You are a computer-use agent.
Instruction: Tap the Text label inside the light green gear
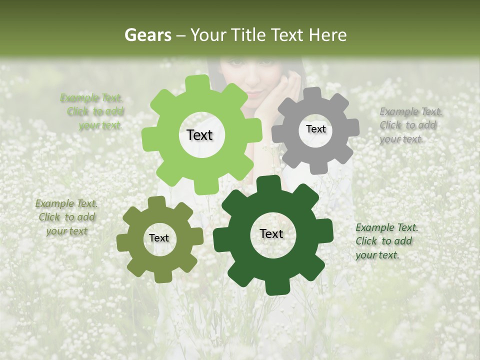(x=199, y=135)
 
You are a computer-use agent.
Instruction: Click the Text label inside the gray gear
(x=315, y=129)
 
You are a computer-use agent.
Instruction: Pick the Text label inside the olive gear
(x=159, y=238)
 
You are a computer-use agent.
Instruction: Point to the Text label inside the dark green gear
(x=271, y=234)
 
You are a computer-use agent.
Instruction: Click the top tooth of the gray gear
(x=312, y=94)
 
